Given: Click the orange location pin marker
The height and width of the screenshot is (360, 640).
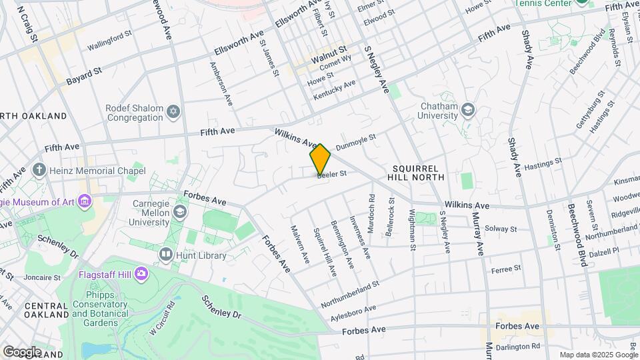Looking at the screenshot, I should click(x=321, y=159).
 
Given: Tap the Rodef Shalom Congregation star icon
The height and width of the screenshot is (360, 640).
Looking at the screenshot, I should click(x=173, y=110).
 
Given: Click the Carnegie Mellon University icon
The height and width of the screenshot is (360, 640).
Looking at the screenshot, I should click(x=179, y=212).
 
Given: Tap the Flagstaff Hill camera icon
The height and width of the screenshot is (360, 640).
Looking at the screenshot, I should click(x=141, y=273).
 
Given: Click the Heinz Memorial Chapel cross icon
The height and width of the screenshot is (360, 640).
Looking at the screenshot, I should click(x=39, y=170).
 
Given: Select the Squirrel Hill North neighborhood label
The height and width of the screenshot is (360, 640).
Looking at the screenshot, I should click(x=415, y=173).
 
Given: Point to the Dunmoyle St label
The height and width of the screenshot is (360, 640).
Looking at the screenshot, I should click(x=356, y=141).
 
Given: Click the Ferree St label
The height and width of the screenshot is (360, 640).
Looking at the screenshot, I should click(x=505, y=269).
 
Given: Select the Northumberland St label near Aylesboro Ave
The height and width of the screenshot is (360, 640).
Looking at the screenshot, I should click(x=349, y=294).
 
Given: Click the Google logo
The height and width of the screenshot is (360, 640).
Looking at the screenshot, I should click(x=22, y=351).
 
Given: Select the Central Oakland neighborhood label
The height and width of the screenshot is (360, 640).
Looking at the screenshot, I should click(x=46, y=309).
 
